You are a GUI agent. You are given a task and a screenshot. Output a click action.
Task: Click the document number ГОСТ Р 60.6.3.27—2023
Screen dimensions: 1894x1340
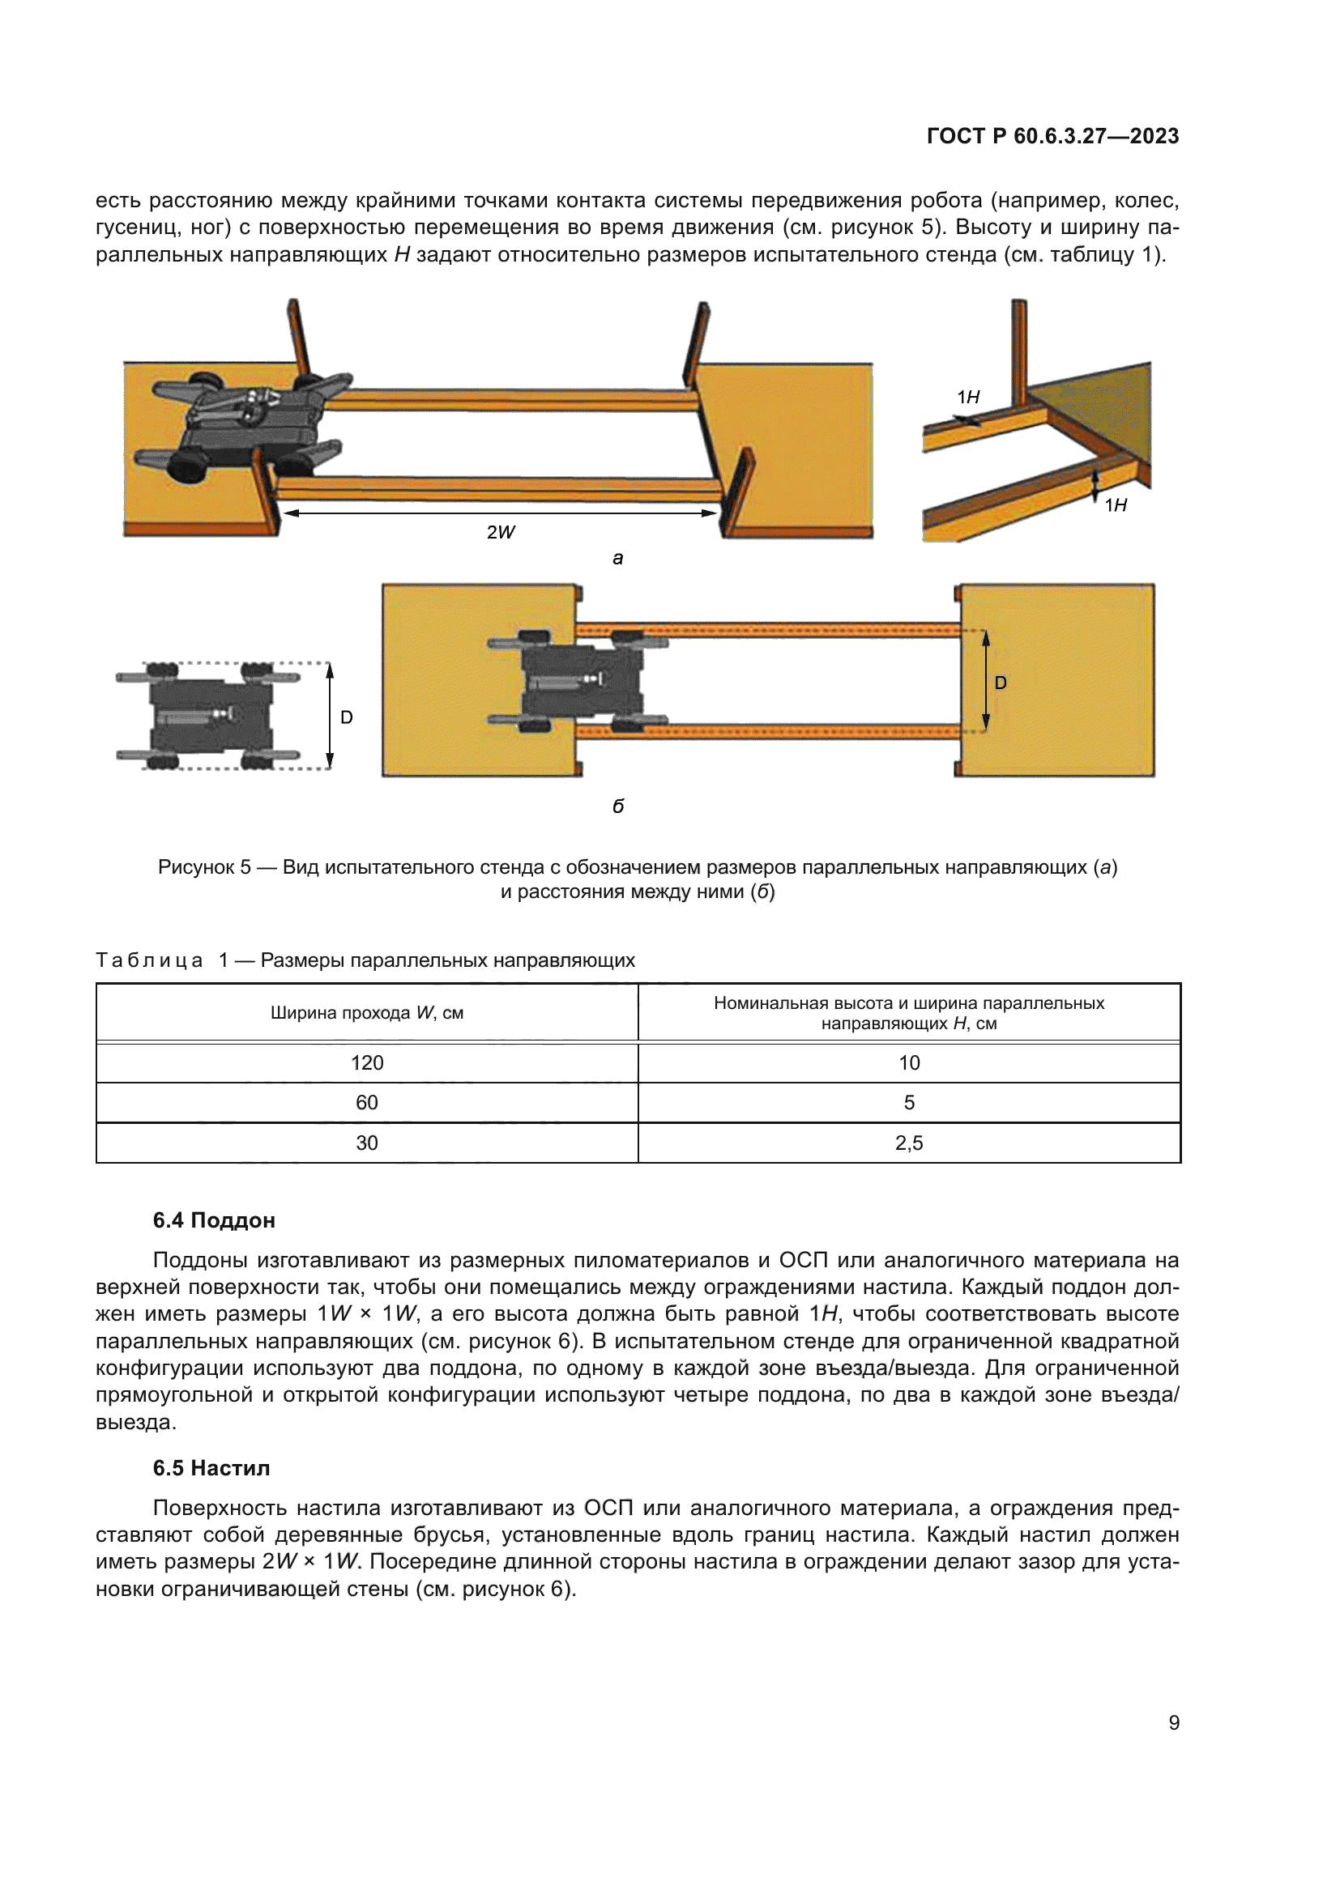pos(1052,136)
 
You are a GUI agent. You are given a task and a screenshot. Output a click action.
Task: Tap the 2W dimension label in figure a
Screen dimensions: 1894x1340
pos(500,532)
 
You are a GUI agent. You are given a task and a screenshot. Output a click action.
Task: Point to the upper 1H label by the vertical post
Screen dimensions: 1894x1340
pos(968,398)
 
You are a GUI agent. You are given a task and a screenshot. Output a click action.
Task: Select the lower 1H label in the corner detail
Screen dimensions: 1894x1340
pos(1116,505)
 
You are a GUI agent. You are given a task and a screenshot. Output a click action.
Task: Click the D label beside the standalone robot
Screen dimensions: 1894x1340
pos(347,717)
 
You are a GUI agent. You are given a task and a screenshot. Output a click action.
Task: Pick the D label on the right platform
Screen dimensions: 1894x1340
pos(1001,683)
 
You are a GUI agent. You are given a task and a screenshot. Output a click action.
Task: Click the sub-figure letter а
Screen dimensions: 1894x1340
pos(618,559)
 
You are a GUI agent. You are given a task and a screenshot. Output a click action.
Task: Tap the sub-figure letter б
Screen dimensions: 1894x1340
pos(618,806)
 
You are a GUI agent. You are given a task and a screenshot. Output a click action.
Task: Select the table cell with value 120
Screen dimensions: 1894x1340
pos(367,1062)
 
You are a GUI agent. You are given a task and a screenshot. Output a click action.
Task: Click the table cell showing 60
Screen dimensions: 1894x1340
pos(367,1103)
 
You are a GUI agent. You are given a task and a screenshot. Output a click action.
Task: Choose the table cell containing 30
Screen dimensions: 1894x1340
pos(367,1143)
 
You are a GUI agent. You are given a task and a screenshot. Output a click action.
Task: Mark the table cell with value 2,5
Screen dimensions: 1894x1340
pos(908,1143)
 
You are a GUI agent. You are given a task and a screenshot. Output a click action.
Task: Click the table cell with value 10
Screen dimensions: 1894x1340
pos(908,1062)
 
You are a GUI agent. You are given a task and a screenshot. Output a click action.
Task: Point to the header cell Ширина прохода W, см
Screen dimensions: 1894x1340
pos(367,1013)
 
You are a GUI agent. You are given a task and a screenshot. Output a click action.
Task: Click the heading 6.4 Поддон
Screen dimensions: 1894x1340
pos(214,1221)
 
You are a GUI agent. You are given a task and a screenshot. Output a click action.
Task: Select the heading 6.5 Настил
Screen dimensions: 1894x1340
pos(211,1468)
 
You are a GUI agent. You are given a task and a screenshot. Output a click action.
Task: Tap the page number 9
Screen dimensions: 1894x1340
pos(1173,1722)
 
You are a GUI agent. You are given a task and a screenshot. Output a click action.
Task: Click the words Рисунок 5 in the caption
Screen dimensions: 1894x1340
pos(204,867)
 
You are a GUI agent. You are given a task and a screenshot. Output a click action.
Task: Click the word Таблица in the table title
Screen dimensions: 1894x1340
pos(149,960)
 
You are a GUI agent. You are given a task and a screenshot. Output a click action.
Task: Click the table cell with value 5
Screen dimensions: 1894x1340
pos(908,1103)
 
